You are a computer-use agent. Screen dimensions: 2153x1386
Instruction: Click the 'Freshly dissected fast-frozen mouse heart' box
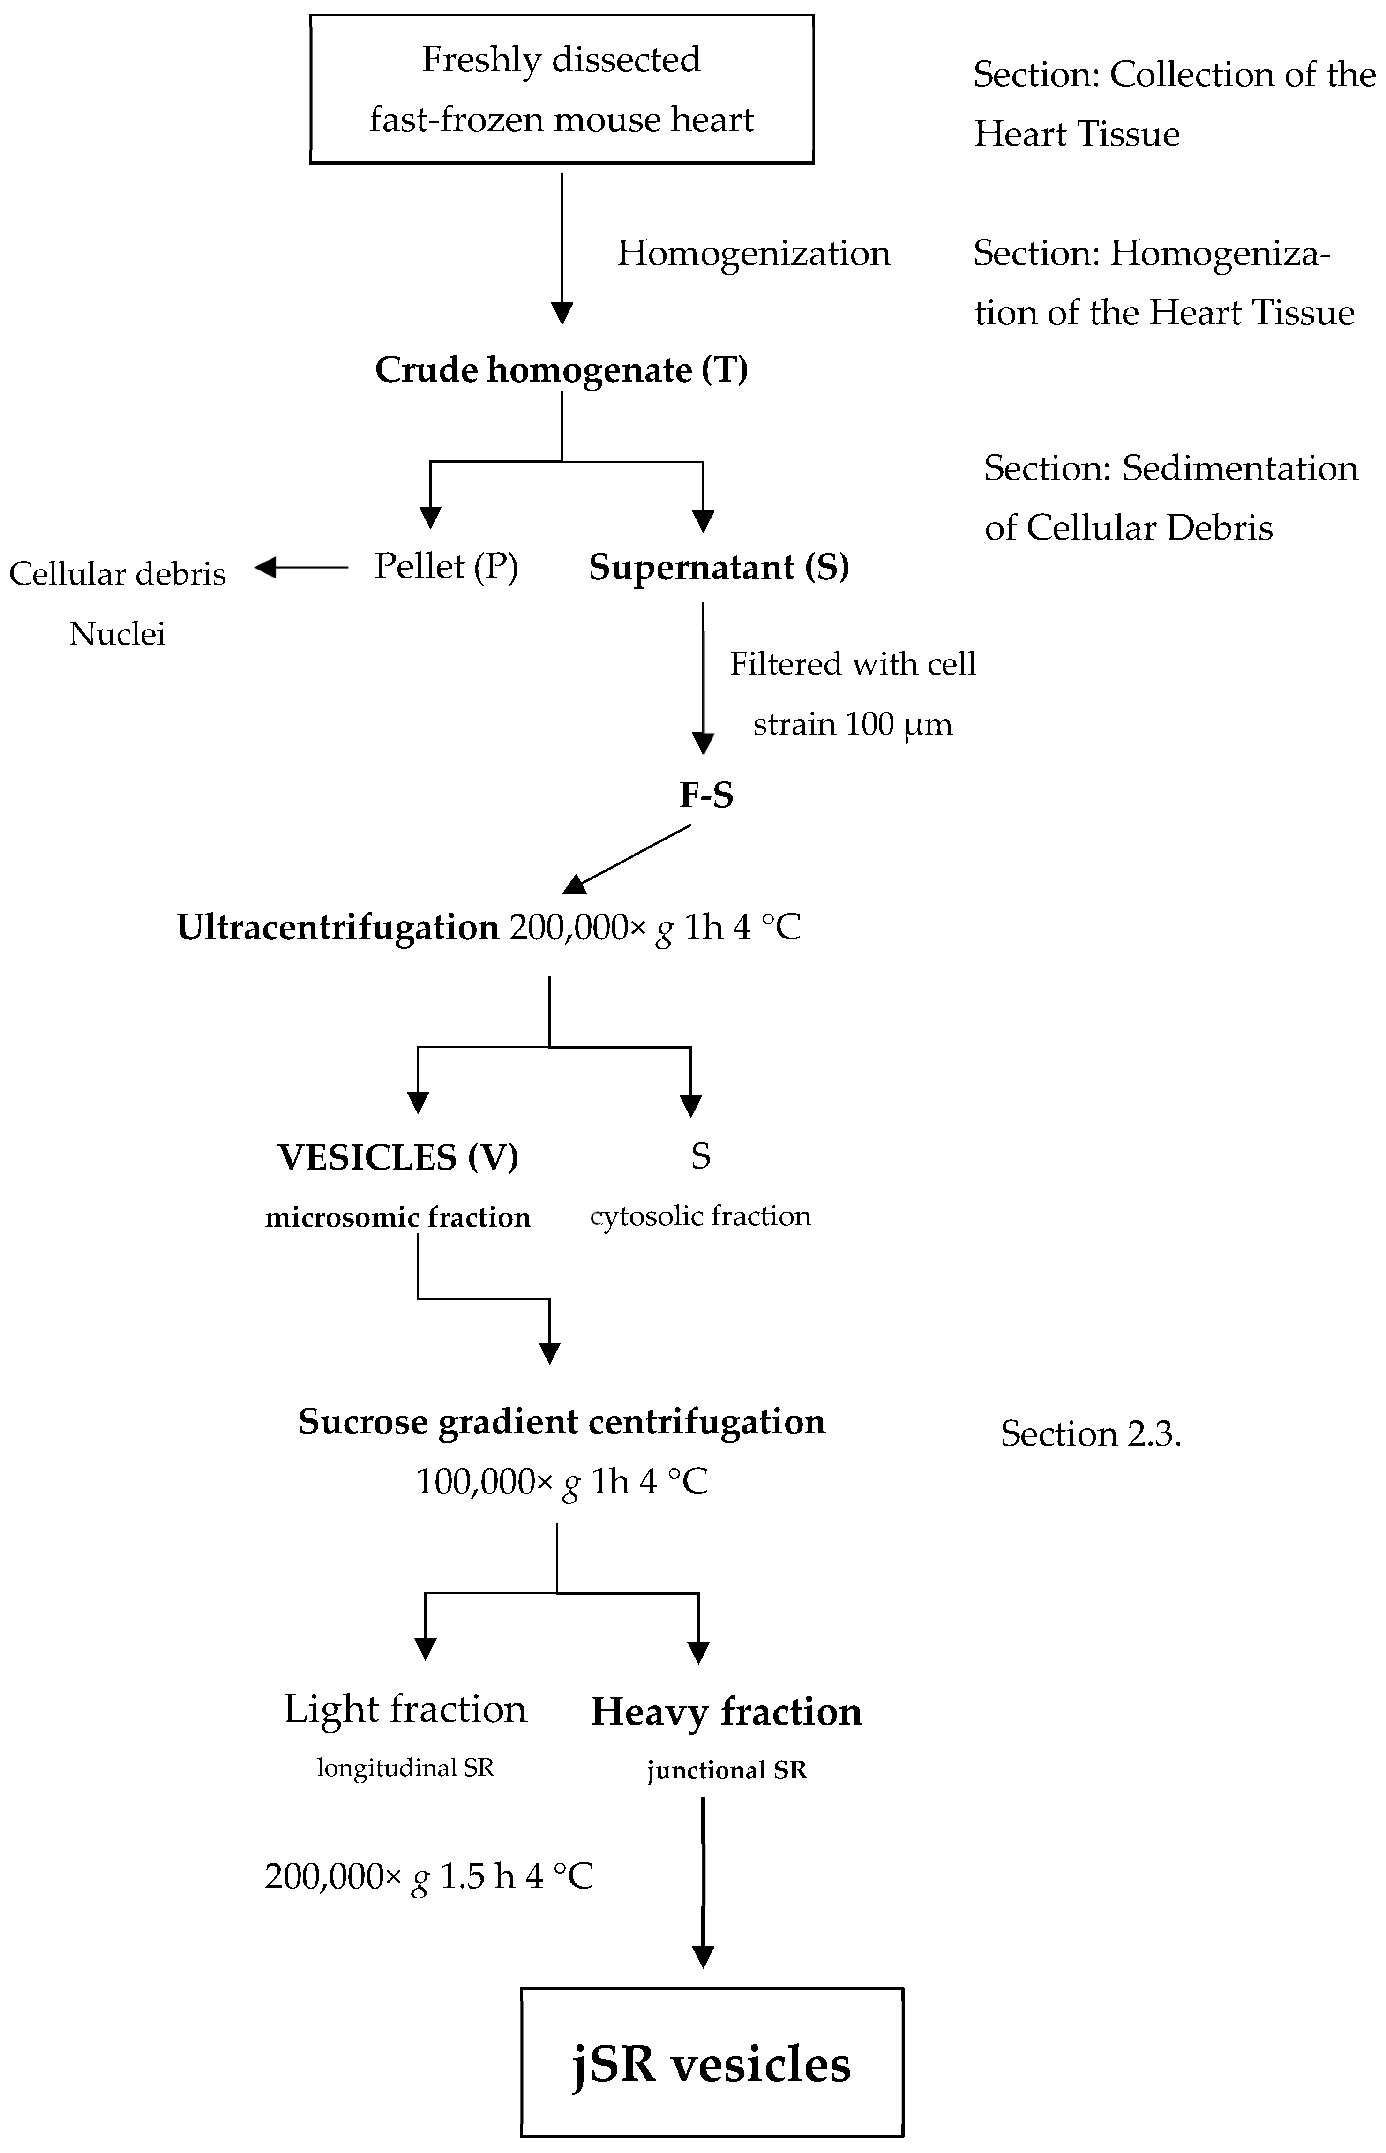(562, 89)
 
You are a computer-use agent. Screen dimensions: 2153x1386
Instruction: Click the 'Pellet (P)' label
(446, 566)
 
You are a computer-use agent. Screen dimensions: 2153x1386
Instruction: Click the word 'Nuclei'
(117, 634)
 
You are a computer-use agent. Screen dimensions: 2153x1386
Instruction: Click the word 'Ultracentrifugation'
(337, 927)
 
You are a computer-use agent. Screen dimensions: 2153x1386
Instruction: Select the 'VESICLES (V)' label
(398, 1156)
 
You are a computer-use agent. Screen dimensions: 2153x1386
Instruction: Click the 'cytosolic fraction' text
(700, 1216)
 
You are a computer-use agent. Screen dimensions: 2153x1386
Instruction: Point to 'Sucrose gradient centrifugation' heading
(562, 1421)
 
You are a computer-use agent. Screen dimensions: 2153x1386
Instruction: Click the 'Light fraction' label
(405, 1708)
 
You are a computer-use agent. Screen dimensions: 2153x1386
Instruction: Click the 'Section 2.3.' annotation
(1091, 1433)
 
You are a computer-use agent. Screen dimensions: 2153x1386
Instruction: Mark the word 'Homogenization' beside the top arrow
(753, 253)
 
